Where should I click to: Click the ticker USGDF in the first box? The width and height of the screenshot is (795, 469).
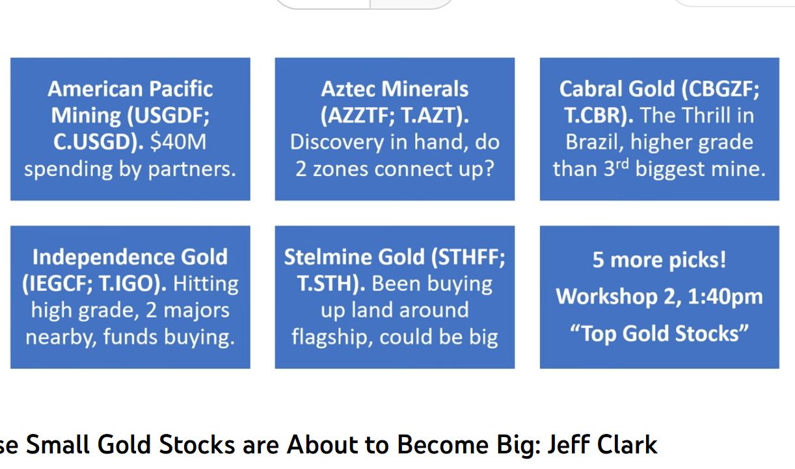tap(170, 116)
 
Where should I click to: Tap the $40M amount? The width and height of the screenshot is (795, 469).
tap(178, 142)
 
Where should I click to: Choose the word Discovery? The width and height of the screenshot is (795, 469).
tap(337, 142)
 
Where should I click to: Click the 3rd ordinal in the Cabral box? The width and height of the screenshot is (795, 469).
tap(616, 168)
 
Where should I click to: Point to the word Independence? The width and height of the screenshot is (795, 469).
tap(103, 257)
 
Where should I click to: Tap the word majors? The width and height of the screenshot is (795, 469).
tap(196, 311)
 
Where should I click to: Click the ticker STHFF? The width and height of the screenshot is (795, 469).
tap(467, 257)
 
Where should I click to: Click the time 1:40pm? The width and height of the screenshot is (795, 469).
tap(725, 297)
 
